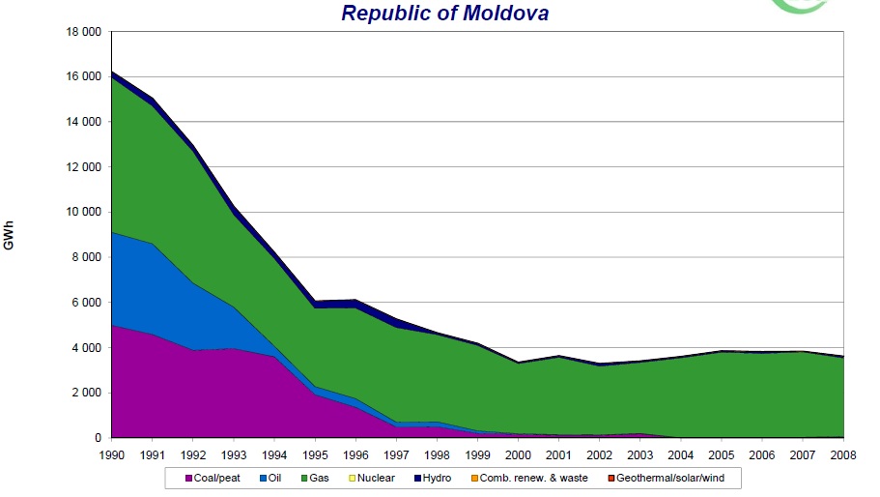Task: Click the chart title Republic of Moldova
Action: point(444,13)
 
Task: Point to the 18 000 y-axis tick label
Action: point(82,32)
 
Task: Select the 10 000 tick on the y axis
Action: point(82,213)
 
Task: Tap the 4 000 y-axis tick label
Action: point(85,348)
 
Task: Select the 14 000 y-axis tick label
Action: point(82,122)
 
